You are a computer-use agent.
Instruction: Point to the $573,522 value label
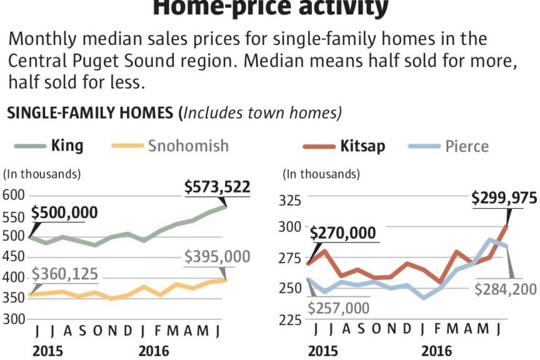tap(217, 186)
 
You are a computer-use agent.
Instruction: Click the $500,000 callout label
tap(64, 212)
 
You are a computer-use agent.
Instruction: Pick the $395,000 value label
tap(217, 257)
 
